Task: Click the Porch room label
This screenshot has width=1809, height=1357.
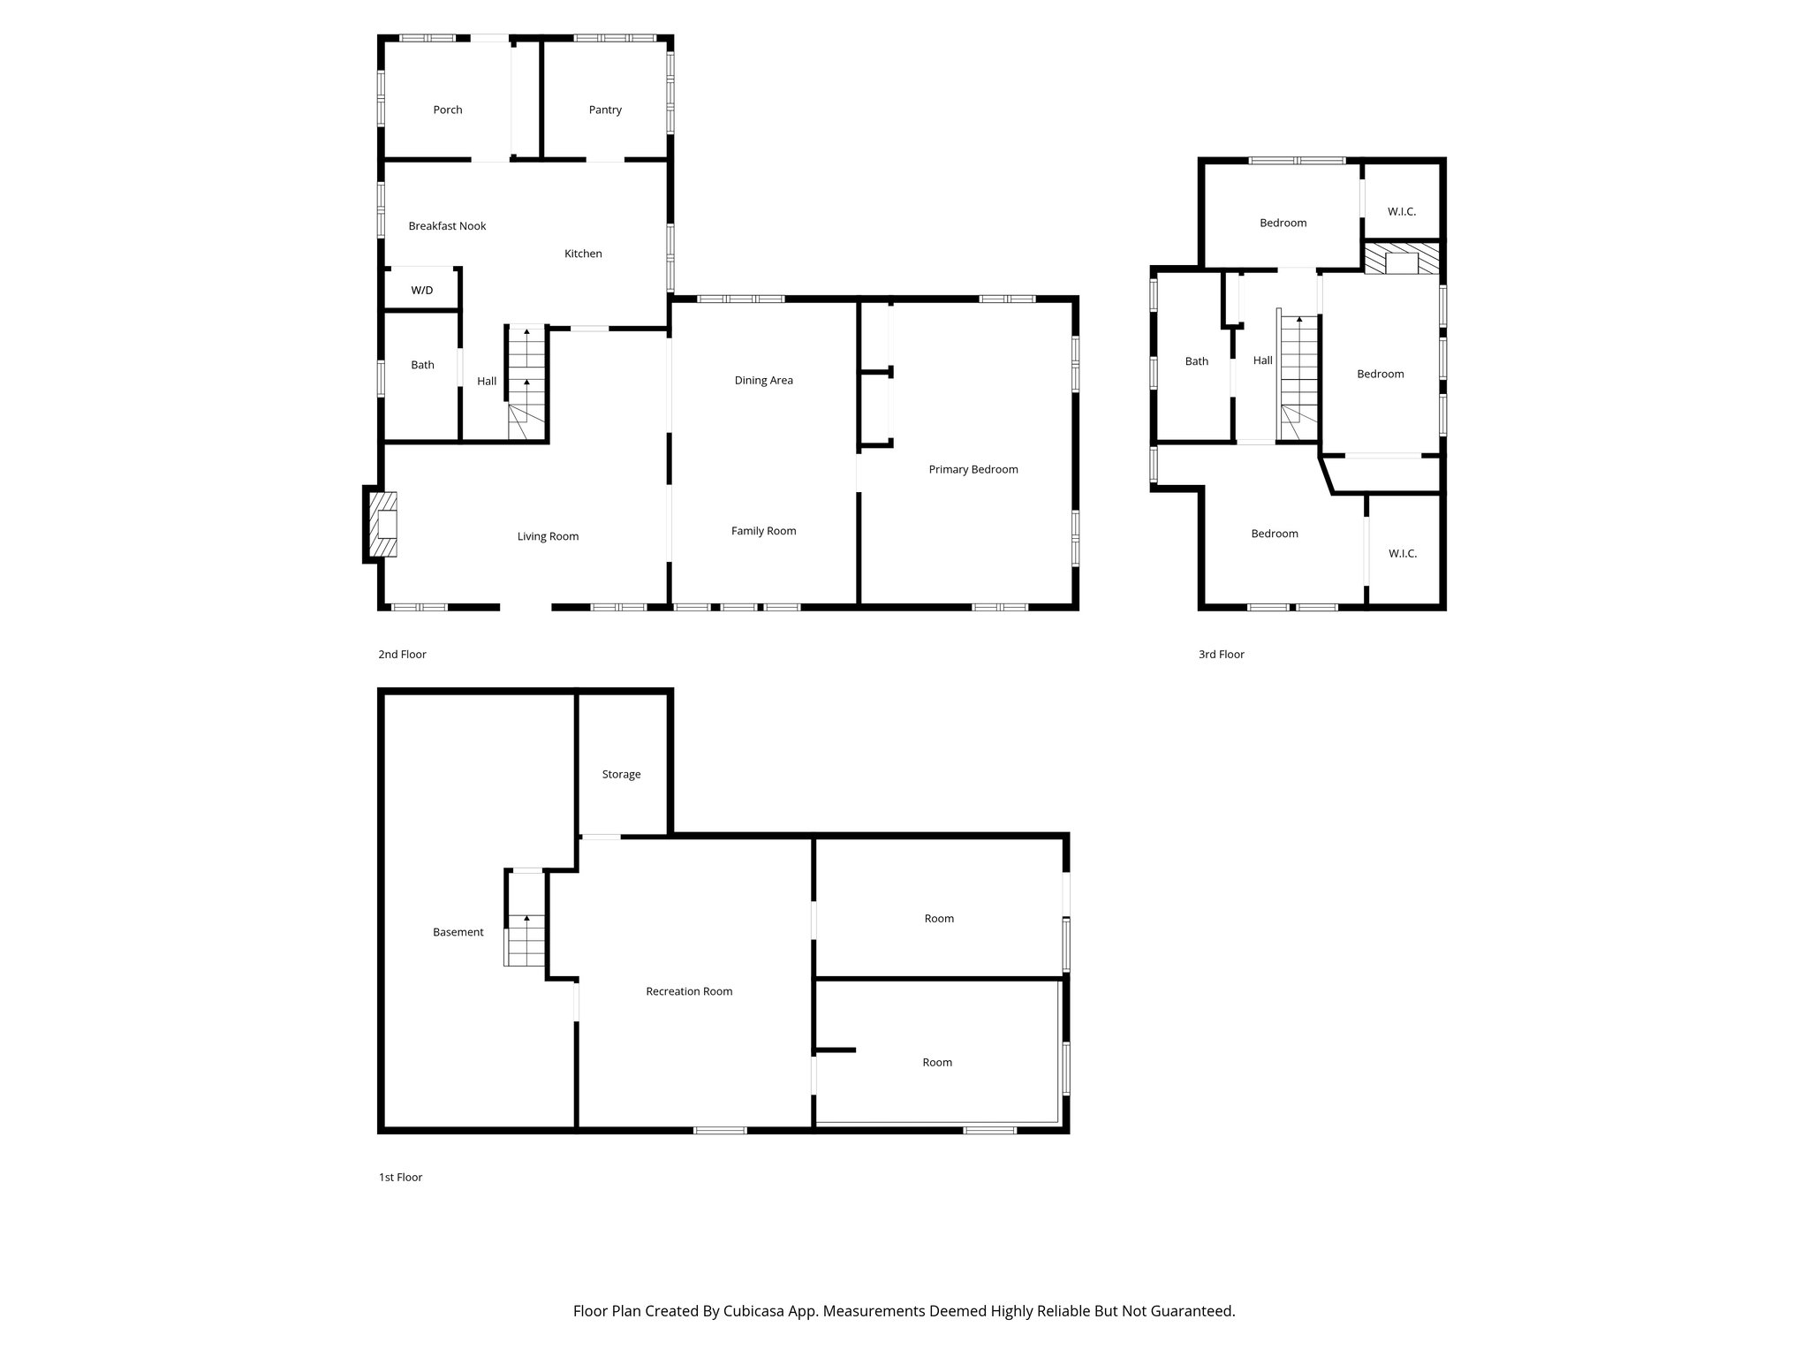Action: click(x=448, y=110)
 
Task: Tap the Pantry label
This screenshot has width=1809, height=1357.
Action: click(x=605, y=110)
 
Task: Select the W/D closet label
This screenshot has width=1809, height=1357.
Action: click(x=422, y=291)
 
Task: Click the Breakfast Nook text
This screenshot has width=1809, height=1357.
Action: click(x=447, y=226)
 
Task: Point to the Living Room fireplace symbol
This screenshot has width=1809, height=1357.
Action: click(x=383, y=525)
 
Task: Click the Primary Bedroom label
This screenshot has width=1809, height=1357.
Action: click(x=973, y=469)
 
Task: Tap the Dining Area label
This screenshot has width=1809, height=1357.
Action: click(x=763, y=381)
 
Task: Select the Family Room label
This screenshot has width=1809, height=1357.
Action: click(x=763, y=531)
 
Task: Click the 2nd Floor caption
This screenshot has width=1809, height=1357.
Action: click(x=402, y=655)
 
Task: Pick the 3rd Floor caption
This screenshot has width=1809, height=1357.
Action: click(x=1221, y=655)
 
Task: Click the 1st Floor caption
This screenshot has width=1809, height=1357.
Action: click(x=400, y=1178)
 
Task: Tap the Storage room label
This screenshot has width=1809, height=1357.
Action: click(x=621, y=775)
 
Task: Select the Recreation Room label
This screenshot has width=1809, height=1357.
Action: click(x=689, y=991)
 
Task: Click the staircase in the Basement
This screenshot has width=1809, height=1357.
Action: click(x=526, y=940)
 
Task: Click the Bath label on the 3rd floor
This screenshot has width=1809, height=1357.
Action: click(x=1196, y=361)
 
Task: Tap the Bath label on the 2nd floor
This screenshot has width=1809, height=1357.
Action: click(x=422, y=365)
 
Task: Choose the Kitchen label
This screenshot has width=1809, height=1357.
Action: click(x=583, y=254)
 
